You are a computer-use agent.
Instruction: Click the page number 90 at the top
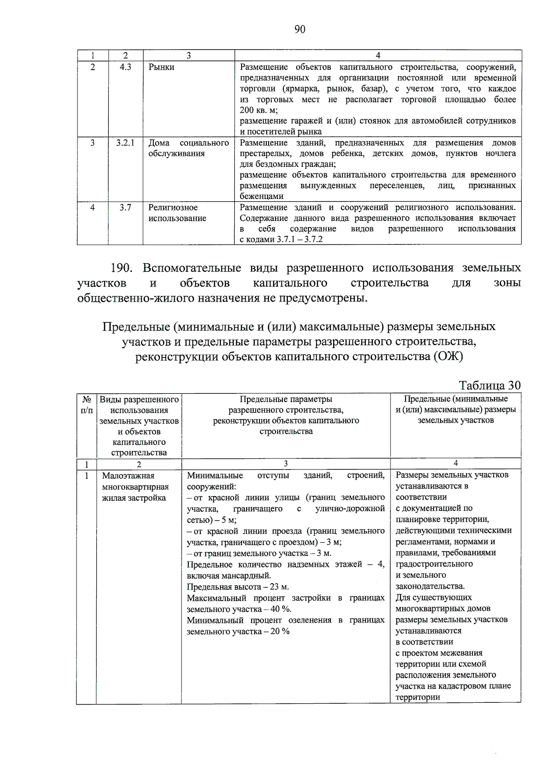[300, 29]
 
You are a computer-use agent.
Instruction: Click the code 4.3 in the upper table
[126, 67]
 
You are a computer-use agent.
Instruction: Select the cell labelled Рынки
[161, 67]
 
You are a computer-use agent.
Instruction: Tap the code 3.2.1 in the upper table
[126, 143]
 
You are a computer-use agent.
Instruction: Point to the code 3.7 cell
[126, 208]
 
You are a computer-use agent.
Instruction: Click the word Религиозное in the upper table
[173, 208]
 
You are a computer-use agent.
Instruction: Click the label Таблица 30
[489, 385]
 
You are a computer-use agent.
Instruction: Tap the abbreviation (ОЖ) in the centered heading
[448, 357]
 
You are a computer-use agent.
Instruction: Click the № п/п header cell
[87, 405]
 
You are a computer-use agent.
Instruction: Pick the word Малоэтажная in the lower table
[128, 476]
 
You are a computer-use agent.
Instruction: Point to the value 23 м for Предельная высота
[279, 587]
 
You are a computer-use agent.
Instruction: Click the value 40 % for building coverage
[280, 609]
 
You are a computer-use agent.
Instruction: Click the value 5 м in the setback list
[229, 520]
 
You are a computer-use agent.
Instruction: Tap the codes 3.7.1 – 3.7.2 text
[300, 239]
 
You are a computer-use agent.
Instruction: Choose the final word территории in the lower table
[418, 697]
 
